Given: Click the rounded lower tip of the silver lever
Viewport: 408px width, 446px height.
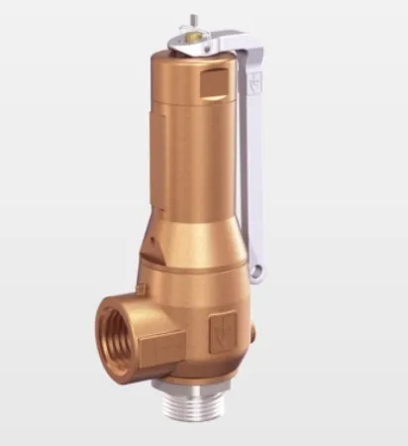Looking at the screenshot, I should (260, 268).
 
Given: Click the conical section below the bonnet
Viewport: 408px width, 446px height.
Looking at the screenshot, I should (188, 243).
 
